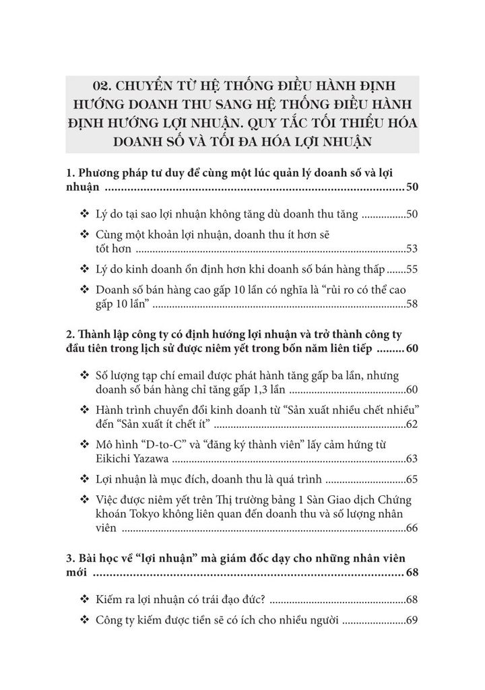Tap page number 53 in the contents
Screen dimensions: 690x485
[412, 249]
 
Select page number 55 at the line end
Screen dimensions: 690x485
[412, 270]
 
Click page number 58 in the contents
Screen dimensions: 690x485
[412, 305]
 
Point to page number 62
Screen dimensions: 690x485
[412, 425]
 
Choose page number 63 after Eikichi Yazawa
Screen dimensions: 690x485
[412, 460]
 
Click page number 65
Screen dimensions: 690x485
[412, 480]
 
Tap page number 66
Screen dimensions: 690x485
[412, 528]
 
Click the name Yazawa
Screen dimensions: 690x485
[152, 460]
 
